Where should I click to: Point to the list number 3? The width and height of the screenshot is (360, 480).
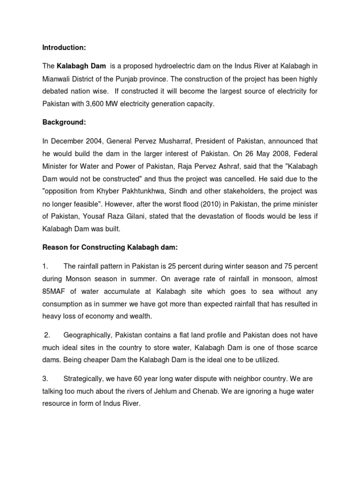point(45,378)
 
